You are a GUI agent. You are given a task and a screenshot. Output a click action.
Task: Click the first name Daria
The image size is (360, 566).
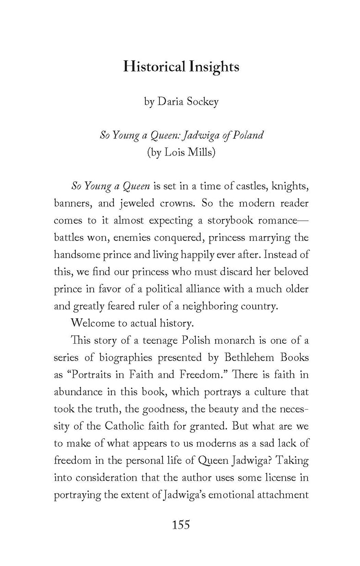169,101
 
